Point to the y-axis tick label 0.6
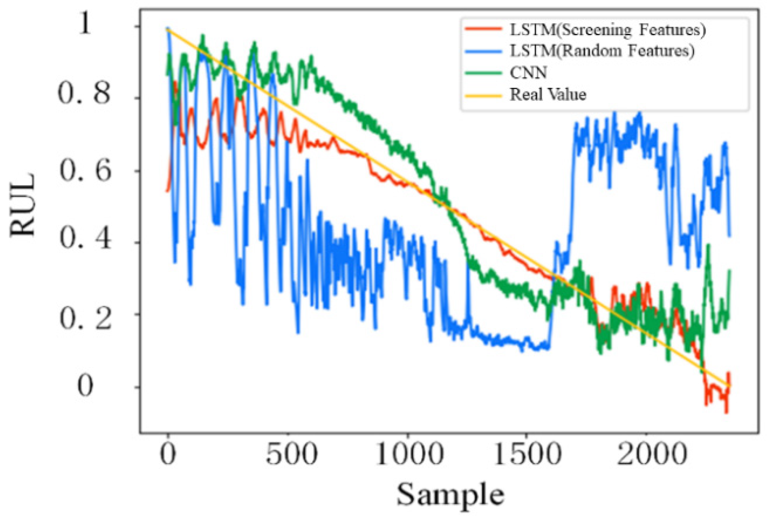[85, 171]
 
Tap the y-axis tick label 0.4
[85, 238]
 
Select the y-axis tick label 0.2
[85, 319]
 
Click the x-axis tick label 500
[291, 454]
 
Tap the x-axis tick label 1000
[409, 454]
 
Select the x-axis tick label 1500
[528, 454]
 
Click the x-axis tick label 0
[168, 454]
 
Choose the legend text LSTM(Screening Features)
[607, 30]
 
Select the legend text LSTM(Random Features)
[602, 51]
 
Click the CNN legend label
[528, 73]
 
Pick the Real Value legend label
[548, 94]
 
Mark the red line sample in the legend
[483, 29]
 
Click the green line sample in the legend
[483, 73]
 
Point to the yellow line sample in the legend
[483, 95]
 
